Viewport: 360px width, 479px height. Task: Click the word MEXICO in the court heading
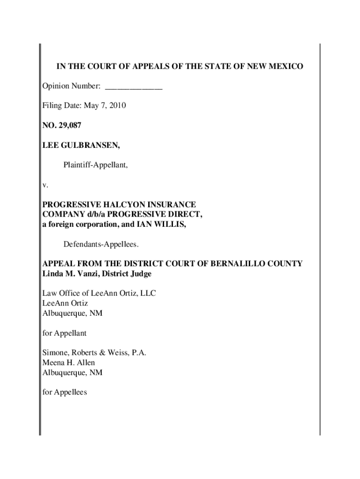click(x=286, y=66)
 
